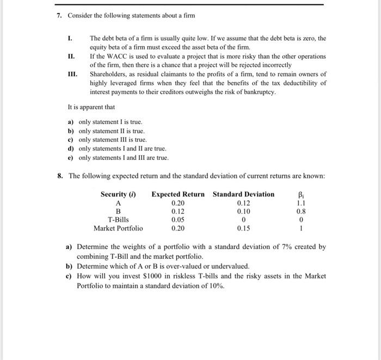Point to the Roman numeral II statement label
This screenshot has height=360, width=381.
coord(70,56)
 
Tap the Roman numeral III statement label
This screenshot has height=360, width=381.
coord(71,74)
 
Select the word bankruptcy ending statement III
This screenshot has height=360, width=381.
coord(261,92)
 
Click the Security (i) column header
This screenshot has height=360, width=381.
coord(118,194)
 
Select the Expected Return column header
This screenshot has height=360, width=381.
coord(178,194)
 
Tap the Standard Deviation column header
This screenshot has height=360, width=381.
coord(243,194)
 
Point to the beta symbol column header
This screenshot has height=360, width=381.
coord(300,194)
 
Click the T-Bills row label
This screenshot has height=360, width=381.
coord(118,220)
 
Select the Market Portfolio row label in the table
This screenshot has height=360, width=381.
coord(118,228)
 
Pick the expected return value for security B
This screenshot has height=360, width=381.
coord(178,211)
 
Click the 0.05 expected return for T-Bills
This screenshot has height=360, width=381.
coord(178,220)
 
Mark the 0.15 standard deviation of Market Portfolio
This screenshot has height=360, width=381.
coord(243,228)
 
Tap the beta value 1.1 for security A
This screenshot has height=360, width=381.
coord(300,202)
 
